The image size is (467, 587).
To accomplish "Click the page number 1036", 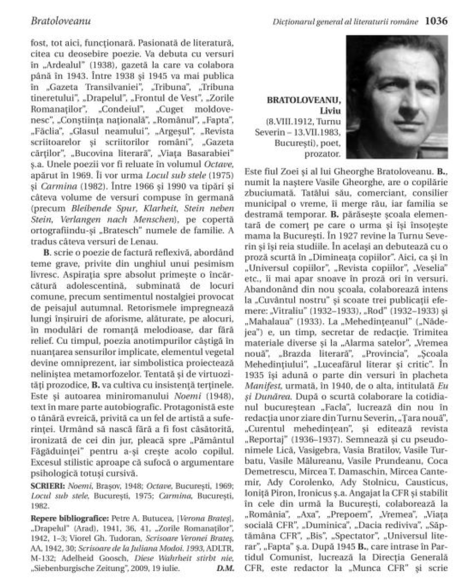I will click(x=436, y=21).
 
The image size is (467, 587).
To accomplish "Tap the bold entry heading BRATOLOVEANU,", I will click(x=304, y=100).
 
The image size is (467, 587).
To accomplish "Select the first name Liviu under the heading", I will click(x=330, y=110).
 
